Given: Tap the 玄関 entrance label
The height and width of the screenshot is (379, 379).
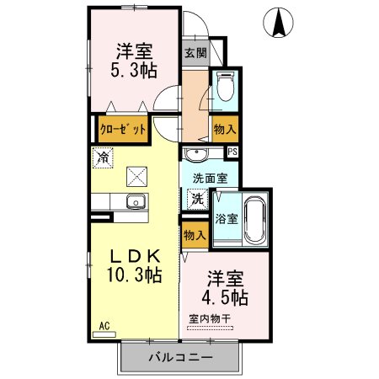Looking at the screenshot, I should click(x=195, y=52).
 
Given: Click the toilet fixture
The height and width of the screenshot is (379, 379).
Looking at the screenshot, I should click(x=225, y=87).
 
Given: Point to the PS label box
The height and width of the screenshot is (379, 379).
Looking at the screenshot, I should click(x=232, y=152).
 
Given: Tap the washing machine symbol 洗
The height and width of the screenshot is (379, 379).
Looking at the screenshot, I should click(x=195, y=200).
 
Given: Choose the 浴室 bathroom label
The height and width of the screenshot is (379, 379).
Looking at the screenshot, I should click(x=227, y=218).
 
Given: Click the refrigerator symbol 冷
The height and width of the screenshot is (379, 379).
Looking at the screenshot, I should click(x=103, y=157).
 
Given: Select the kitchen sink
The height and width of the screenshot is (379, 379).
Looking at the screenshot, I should click(x=134, y=202).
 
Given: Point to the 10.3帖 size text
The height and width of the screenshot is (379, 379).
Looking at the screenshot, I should click(x=131, y=275).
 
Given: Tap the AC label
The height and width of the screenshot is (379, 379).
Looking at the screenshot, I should click(x=104, y=325).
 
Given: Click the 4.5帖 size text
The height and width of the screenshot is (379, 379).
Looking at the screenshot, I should click(x=223, y=299).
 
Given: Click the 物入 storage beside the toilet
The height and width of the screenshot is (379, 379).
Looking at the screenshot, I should click(x=223, y=129).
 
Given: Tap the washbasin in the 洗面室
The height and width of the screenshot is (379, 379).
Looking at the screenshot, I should click(x=196, y=155).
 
